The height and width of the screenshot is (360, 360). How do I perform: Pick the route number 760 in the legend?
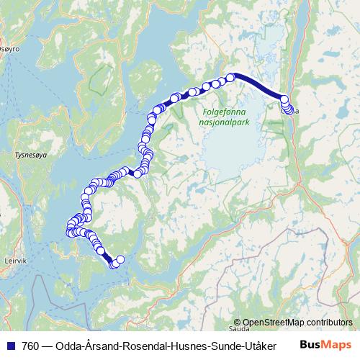click(30, 345)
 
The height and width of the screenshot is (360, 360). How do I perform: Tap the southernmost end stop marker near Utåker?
click(113, 264)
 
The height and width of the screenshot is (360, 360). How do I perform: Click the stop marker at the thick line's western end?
click(231, 77)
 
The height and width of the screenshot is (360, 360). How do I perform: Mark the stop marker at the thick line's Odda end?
click(284, 100)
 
